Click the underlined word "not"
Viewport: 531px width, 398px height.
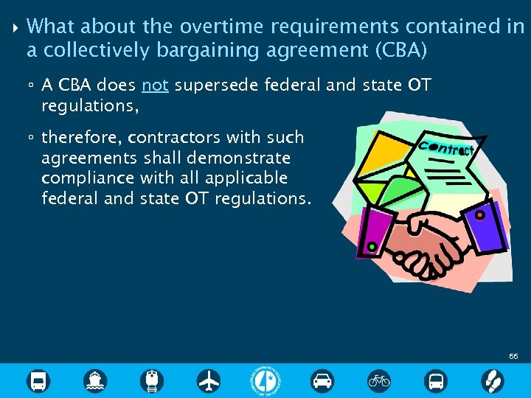[155, 85]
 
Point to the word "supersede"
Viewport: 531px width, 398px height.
[210, 86]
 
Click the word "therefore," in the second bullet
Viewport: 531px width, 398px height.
[82, 138]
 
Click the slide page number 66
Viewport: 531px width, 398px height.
[513, 356]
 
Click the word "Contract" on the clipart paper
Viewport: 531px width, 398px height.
[446, 147]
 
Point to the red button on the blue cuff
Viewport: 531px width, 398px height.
[479, 215]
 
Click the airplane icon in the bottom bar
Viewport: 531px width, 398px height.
[209, 381]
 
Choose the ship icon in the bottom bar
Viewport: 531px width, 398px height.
[95, 381]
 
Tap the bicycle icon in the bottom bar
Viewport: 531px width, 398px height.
[379, 381]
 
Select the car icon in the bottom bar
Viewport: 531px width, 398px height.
[322, 381]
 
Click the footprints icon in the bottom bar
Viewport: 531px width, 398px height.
[492, 381]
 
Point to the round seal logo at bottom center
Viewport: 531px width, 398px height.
[265, 381]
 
